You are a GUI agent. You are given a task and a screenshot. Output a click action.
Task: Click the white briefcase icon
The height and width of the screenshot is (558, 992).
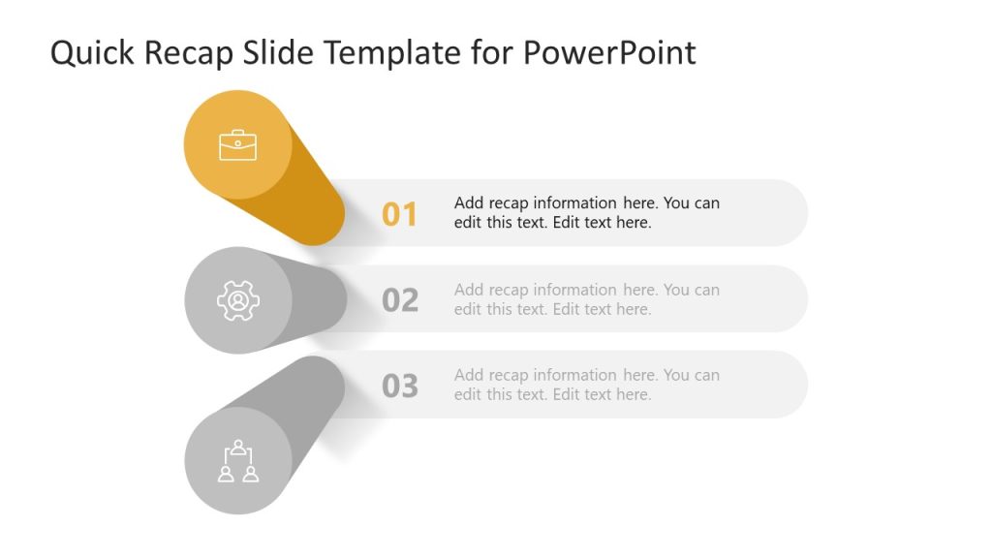[x=237, y=145]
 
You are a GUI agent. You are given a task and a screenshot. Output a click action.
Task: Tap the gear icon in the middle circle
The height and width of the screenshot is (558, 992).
[x=237, y=300]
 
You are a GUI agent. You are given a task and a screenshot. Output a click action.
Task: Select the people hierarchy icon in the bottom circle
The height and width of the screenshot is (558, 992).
[x=237, y=461]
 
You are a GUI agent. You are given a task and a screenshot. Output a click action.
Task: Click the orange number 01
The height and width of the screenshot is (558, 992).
[x=399, y=214]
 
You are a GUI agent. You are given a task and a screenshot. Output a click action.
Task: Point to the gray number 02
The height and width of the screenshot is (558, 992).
[x=399, y=300]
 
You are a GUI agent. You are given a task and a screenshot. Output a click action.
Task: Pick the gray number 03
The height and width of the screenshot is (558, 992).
[x=399, y=386]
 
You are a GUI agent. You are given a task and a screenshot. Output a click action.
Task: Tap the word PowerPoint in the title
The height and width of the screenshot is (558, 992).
[x=609, y=53]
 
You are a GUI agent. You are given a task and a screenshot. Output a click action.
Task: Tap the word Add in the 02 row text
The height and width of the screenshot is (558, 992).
[x=469, y=290]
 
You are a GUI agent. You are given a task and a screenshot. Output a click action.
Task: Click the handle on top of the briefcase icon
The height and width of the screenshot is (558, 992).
[x=237, y=133]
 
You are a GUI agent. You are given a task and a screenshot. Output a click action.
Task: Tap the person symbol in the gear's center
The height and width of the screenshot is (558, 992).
[x=237, y=300]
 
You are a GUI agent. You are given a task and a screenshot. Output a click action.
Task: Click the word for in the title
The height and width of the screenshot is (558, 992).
[x=492, y=53]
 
